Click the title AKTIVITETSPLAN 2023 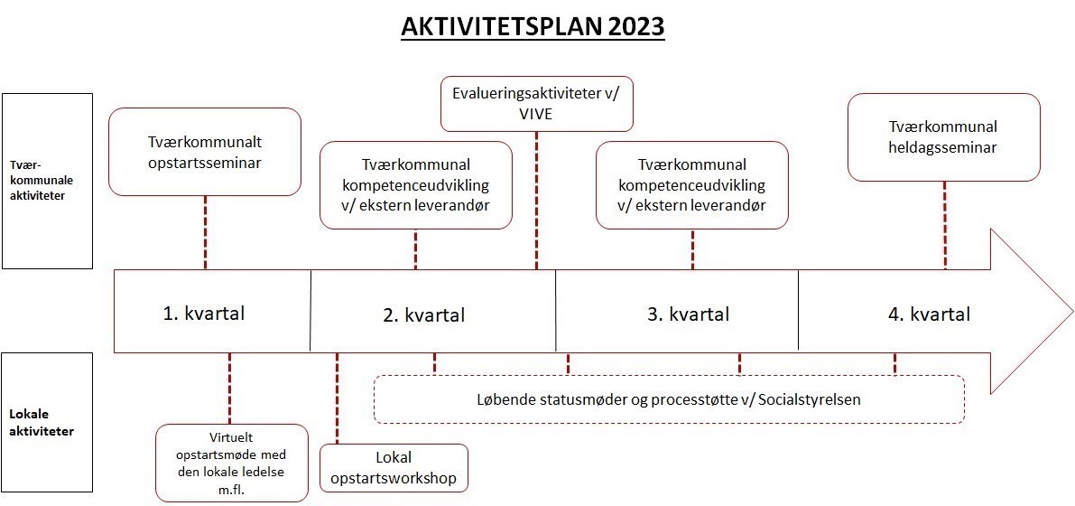(x=533, y=27)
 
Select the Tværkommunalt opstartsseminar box (x=204, y=152)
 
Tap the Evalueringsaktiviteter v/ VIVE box (x=536, y=103)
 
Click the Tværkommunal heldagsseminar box (x=943, y=136)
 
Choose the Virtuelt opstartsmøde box (x=231, y=462)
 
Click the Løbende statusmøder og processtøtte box (x=669, y=399)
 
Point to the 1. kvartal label (x=203, y=314)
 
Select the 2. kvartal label (x=423, y=314)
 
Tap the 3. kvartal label (x=688, y=314)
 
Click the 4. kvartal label (x=929, y=314)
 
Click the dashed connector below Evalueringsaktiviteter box (x=537, y=199)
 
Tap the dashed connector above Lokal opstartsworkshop (x=337, y=398)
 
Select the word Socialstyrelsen (x=815, y=399)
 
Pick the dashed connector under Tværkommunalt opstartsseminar (x=205, y=231)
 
